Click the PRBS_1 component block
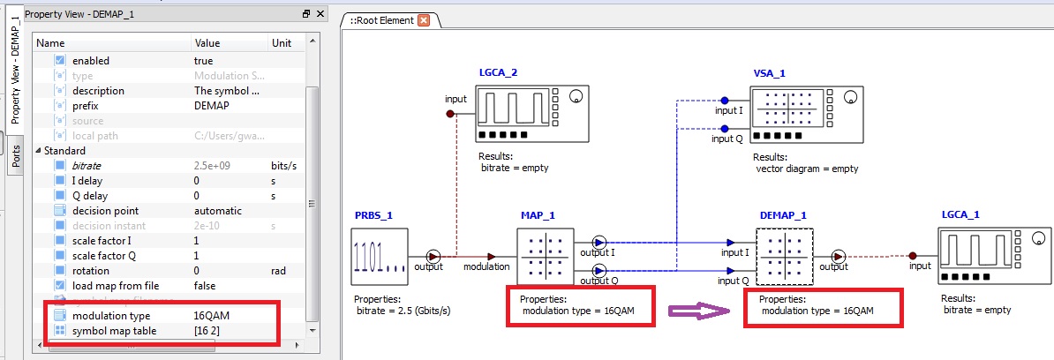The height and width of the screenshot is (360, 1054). (380, 256)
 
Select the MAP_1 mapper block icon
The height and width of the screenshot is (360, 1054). (545, 256)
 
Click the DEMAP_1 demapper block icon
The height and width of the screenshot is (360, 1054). (785, 256)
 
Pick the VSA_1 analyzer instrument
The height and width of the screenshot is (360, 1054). (808, 116)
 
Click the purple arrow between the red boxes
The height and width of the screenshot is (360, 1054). (697, 311)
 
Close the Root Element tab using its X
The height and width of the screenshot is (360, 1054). (424, 20)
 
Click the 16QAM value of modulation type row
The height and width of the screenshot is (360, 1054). (212, 316)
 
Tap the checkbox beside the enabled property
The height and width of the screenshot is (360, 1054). (60, 61)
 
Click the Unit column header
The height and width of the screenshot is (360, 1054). (282, 43)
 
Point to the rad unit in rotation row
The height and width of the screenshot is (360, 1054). (279, 271)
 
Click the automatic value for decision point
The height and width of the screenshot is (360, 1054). (218, 211)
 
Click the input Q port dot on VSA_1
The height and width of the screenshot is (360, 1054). (725, 129)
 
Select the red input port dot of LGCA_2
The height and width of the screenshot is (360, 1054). (449, 114)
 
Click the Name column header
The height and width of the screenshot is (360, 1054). (51, 43)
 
